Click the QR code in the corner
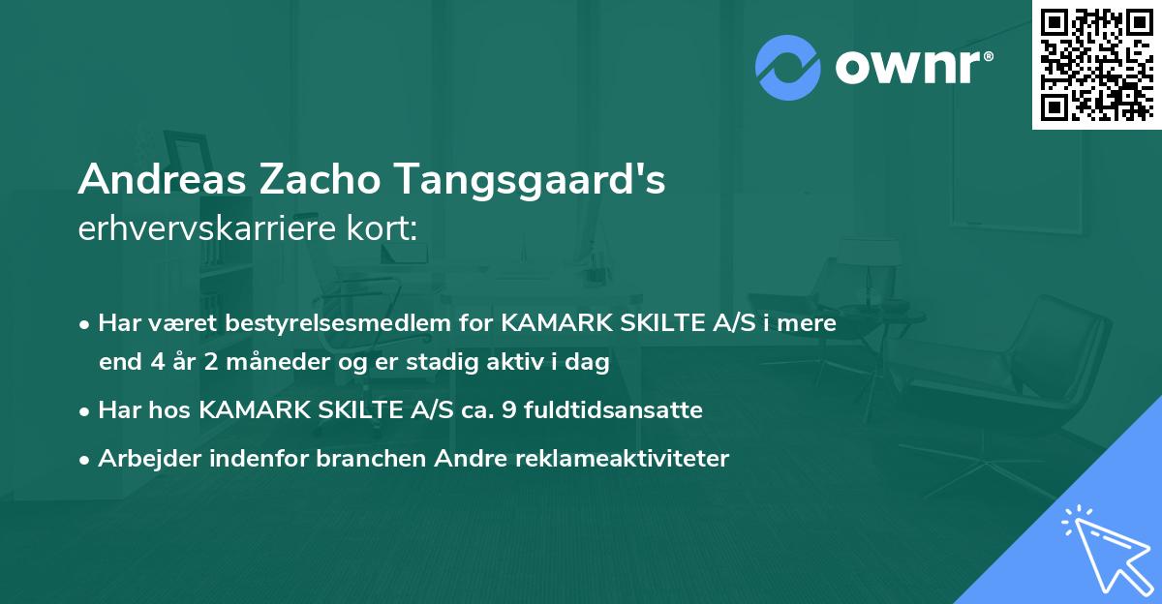tap(1096, 64)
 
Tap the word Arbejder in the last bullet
tap(142, 459)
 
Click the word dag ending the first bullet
tap(590, 363)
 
